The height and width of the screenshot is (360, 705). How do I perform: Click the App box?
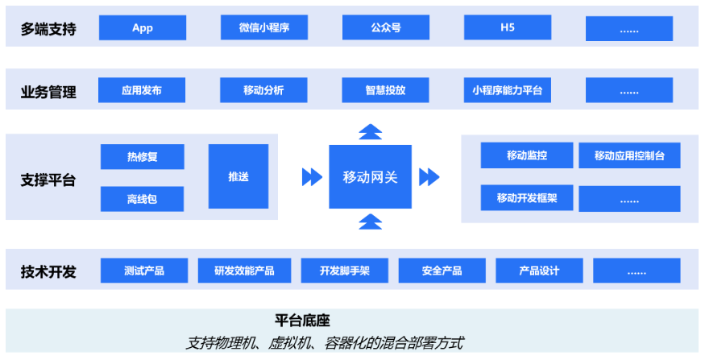[x=143, y=27]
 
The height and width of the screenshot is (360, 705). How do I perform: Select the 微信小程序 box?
[x=263, y=27]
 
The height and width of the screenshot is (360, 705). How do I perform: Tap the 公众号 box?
[x=385, y=27]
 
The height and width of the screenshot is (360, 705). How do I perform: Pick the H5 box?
[x=507, y=27]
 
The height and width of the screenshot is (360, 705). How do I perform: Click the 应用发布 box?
[x=142, y=90]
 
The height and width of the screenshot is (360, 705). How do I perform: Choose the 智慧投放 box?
[x=385, y=90]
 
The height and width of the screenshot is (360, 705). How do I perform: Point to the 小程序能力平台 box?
[x=507, y=90]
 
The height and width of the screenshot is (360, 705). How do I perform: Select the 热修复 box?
[x=142, y=157]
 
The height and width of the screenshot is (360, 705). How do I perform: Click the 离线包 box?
[x=142, y=199]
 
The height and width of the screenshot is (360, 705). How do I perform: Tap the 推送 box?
[x=238, y=176]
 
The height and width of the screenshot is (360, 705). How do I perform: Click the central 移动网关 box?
[x=370, y=176]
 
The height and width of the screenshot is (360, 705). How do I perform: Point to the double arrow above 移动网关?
[x=370, y=131]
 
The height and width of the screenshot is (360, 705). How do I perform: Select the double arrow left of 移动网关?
[x=311, y=176]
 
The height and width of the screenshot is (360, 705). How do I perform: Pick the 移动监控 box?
[x=527, y=155]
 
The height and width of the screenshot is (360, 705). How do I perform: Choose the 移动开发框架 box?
[x=527, y=198]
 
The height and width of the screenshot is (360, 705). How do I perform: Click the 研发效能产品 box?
[x=244, y=271]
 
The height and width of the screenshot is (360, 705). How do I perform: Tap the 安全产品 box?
[x=442, y=271]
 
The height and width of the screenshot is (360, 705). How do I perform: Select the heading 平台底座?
[x=303, y=320]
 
